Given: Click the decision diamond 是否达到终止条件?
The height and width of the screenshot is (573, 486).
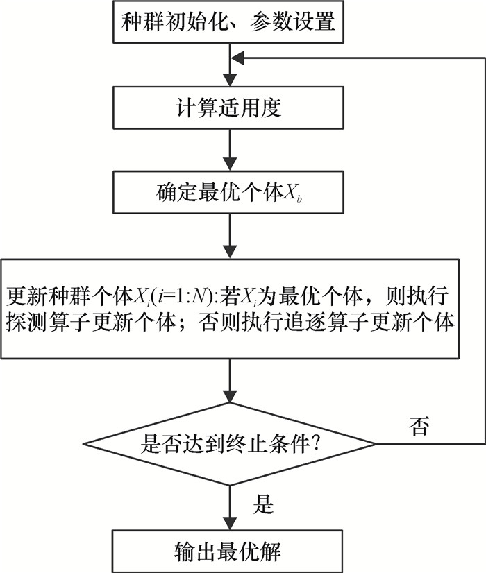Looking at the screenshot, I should point(229,443).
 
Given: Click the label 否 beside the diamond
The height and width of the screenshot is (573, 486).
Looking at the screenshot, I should point(419,426).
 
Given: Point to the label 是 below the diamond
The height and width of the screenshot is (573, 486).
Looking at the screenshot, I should point(262,505).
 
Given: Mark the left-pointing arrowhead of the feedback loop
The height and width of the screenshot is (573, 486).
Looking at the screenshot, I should point(238,60).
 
